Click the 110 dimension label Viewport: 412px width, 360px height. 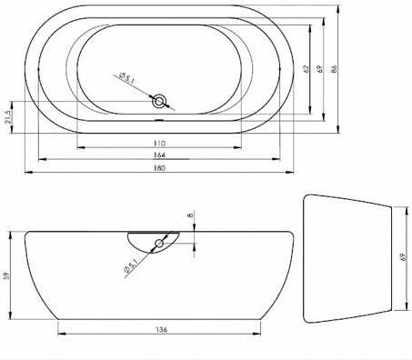pos(159,143)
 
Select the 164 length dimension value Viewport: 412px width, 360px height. pos(159,155)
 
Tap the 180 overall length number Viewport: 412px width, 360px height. pos(159,168)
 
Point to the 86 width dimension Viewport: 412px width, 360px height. pos(335,68)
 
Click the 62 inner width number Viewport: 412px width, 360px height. pos(306,69)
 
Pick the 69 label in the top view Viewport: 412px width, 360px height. pos(320,69)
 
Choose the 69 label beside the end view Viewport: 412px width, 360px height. pos(403,257)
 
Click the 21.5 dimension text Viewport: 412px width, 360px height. pos(8,117)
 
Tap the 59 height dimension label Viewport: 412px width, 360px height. pos(7,275)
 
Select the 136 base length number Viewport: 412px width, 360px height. pos(161,329)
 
